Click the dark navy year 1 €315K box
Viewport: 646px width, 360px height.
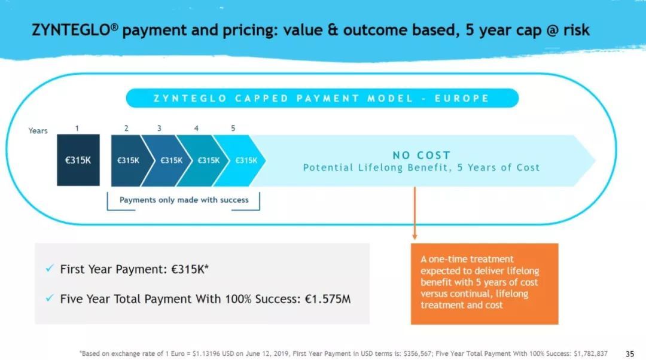point(78,160)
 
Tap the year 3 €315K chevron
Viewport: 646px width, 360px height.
point(167,160)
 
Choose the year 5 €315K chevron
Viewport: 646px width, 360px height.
point(240,160)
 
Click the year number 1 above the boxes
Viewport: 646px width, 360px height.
point(77,129)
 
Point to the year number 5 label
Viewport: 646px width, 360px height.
point(233,129)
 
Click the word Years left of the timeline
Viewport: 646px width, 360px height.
point(38,130)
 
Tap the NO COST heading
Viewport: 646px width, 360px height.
point(422,155)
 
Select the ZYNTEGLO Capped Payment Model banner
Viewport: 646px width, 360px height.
point(322,98)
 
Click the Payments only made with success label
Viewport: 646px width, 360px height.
point(184,200)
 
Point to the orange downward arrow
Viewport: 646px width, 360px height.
point(415,213)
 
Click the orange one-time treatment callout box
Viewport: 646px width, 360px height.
point(484,284)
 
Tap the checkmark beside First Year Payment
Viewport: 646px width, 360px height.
point(50,269)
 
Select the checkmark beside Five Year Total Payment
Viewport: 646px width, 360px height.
point(50,298)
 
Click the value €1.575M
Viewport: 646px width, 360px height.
point(328,298)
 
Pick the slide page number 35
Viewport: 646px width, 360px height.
point(630,354)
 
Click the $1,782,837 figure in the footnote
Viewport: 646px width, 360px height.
point(590,353)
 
